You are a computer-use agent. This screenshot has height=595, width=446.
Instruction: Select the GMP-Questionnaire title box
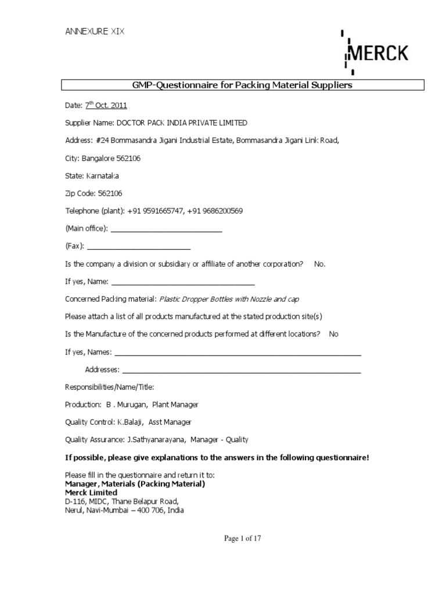[x=243, y=85]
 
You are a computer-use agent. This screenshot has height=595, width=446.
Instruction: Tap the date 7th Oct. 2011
[x=106, y=105]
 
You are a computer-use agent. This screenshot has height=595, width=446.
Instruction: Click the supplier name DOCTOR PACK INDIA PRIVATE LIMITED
[x=182, y=123]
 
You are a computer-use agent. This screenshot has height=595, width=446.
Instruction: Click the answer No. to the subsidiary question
[x=320, y=264]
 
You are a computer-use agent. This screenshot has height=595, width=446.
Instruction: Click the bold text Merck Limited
[x=91, y=492]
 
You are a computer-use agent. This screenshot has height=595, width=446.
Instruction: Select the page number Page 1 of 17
[x=243, y=539]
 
